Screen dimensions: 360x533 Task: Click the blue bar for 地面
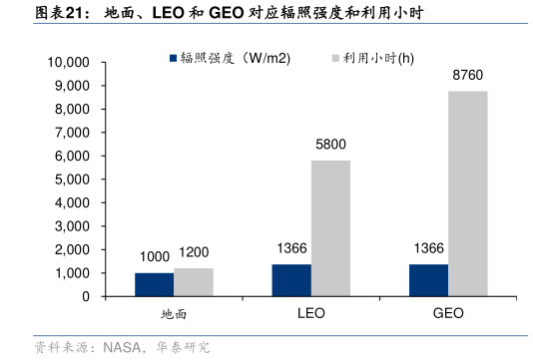[x=155, y=284]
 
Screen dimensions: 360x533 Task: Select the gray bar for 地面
[x=194, y=282]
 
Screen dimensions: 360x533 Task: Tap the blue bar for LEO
[x=291, y=280]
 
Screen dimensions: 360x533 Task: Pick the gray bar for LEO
[x=330, y=228]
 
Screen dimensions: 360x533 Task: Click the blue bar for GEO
[x=428, y=280]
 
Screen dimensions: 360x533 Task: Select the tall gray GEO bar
[x=467, y=193]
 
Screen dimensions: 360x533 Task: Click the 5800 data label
[x=330, y=145]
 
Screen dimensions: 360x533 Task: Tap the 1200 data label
[x=194, y=253]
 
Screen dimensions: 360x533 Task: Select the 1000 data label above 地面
[x=155, y=257]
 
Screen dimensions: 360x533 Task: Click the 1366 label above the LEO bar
[x=291, y=249]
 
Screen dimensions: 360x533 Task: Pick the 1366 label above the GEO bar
[x=428, y=249]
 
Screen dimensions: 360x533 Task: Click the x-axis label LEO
[x=311, y=313]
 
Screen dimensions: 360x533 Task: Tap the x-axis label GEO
[x=448, y=313]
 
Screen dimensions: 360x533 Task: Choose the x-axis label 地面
[x=174, y=313]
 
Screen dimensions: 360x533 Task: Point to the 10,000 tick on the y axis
[x=69, y=62]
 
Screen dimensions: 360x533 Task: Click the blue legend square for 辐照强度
[x=173, y=58]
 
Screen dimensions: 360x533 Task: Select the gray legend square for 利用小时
[x=334, y=58]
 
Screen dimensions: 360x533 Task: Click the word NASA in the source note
[x=123, y=348]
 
